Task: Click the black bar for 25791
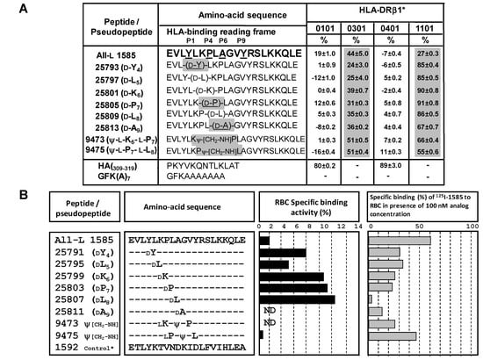pos(282,253)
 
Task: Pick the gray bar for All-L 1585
pos(400,240)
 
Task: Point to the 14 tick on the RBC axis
pos(357,225)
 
